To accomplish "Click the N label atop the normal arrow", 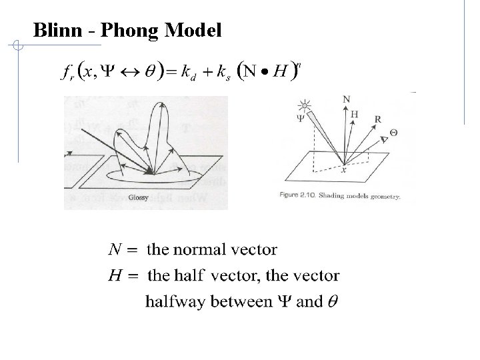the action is tap(346, 99).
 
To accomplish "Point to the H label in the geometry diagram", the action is tap(354, 114).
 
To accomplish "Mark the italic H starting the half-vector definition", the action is tap(113, 275).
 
